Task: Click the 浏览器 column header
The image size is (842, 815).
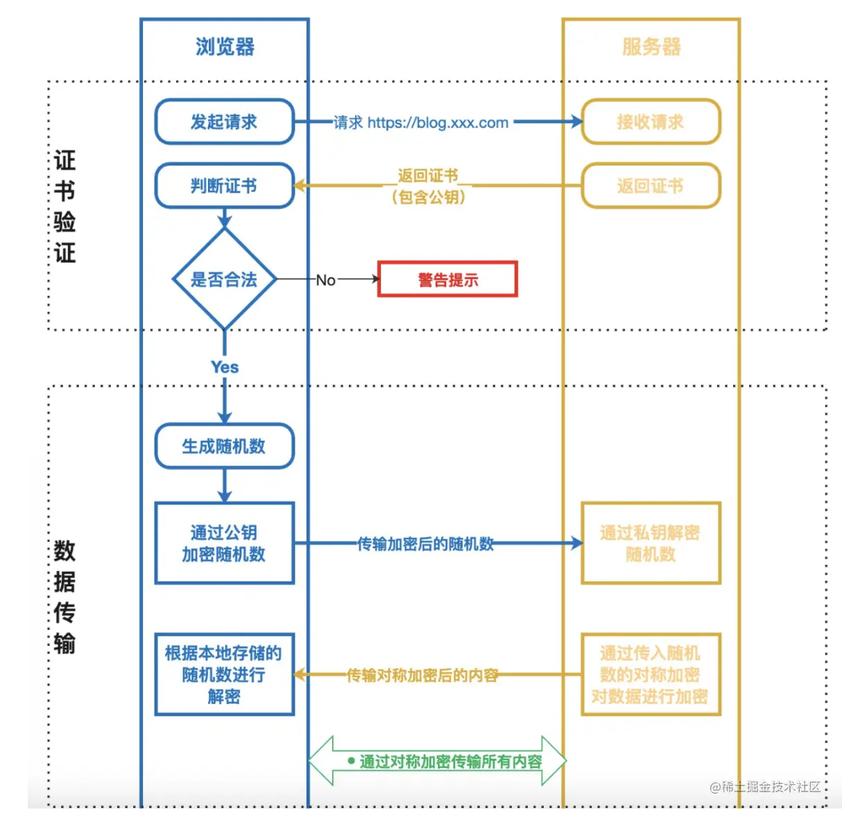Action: pyautogui.click(x=225, y=47)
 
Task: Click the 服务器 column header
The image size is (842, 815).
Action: pyautogui.click(x=651, y=47)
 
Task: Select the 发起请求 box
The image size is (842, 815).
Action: pyautogui.click(x=224, y=122)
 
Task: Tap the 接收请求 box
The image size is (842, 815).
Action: pyautogui.click(x=651, y=122)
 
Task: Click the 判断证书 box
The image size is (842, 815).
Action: pyautogui.click(x=224, y=186)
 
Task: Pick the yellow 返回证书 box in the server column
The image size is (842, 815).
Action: pyautogui.click(x=651, y=186)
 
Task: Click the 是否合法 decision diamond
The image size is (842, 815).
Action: pyautogui.click(x=224, y=279)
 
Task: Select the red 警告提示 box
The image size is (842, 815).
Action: pyautogui.click(x=447, y=279)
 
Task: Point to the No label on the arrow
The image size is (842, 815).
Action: pyautogui.click(x=325, y=280)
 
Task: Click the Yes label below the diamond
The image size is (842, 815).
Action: pyautogui.click(x=225, y=367)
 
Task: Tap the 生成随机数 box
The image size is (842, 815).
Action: pyautogui.click(x=224, y=446)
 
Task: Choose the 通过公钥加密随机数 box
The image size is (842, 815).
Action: pyautogui.click(x=224, y=543)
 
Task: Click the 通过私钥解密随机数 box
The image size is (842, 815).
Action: pyautogui.click(x=651, y=543)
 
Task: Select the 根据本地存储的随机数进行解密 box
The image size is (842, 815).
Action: pyautogui.click(x=224, y=674)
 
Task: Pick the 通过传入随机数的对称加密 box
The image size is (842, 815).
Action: pyautogui.click(x=651, y=674)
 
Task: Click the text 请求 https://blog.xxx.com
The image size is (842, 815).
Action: pyautogui.click(x=421, y=123)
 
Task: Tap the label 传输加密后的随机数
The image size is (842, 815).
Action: pyautogui.click(x=425, y=544)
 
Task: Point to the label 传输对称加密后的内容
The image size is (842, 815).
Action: pyautogui.click(x=422, y=675)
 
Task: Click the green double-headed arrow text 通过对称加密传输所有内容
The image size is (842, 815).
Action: pyautogui.click(x=450, y=762)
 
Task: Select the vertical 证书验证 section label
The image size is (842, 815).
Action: pyautogui.click(x=65, y=207)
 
